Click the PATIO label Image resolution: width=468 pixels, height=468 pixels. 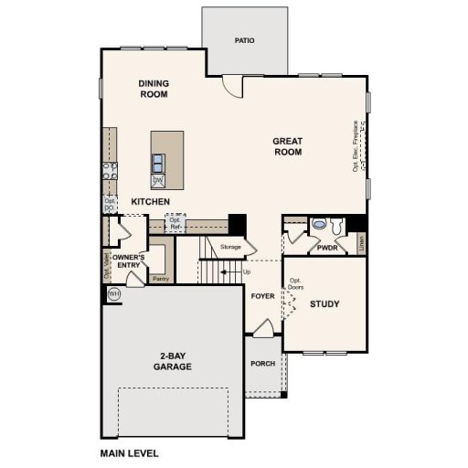point(244,41)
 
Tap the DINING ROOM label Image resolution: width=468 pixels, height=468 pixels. point(154,88)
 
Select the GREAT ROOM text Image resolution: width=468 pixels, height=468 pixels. point(288,146)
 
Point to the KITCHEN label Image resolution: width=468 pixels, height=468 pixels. point(150,201)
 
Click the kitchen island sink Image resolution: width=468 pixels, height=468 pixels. point(158,164)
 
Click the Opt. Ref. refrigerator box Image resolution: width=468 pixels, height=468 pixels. point(175,222)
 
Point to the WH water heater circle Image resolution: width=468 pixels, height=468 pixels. point(114,293)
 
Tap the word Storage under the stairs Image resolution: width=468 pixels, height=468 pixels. point(230,247)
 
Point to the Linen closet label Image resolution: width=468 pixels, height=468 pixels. point(362,243)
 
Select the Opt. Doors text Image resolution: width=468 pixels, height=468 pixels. point(295,283)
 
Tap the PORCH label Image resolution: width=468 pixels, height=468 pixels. point(262,364)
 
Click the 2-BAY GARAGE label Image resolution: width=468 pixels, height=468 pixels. point(172,361)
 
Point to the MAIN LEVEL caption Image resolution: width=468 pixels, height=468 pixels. point(130,452)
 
